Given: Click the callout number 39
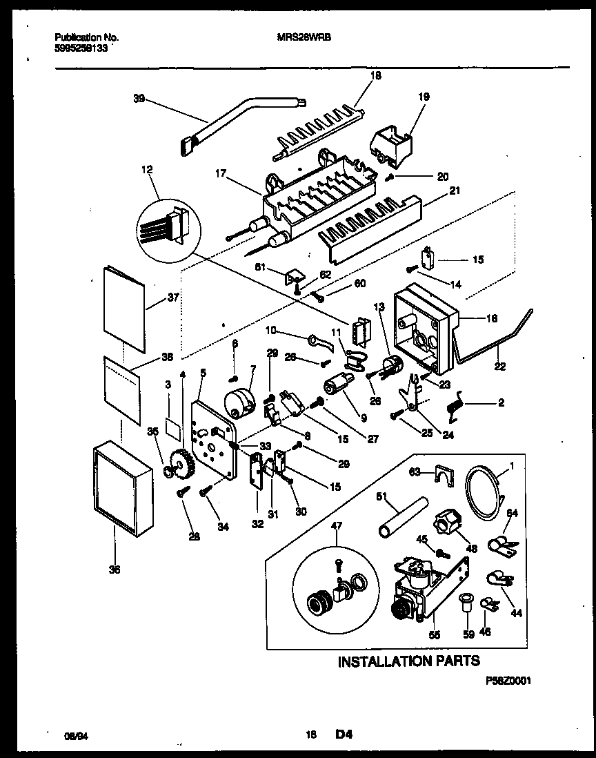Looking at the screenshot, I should coord(138,99).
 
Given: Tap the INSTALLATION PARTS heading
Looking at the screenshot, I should coord(408,661).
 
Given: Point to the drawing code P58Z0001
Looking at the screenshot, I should coord(508,679).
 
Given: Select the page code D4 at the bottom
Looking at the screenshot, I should coord(344,736).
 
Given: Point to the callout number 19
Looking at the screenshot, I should coord(424,97).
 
